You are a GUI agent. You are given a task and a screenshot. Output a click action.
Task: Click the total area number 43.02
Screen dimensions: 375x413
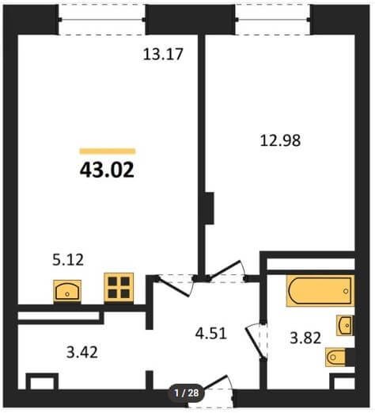[107, 170]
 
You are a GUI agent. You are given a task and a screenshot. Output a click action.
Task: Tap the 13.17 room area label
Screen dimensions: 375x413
[163, 54]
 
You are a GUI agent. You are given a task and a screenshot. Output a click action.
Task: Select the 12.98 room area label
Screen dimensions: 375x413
[280, 140]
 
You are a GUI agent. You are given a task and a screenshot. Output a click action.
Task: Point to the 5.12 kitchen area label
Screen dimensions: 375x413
[68, 259]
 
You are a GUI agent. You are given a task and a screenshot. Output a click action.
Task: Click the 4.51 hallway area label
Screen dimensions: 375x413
[211, 333]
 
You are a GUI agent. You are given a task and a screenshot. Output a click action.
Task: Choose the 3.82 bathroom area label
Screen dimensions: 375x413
[305, 338]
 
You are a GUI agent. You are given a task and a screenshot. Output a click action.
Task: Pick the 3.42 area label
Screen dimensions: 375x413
[82, 352]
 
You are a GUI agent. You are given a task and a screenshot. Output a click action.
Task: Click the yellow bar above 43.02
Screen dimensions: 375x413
[108, 151]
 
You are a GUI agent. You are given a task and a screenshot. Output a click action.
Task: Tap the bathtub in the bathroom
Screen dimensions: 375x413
[320, 291]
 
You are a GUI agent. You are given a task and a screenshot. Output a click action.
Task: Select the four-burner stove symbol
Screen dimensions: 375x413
[119, 288]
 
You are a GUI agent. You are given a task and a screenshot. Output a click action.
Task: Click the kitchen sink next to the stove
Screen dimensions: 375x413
[67, 291]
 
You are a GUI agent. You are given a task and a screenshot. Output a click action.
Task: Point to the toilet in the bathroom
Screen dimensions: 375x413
[336, 358]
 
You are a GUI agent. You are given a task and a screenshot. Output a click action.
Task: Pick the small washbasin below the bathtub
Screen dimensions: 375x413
[345, 325]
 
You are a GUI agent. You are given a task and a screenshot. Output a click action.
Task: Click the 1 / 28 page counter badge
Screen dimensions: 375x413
[187, 393]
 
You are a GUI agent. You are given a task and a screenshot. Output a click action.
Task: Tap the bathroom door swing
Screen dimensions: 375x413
[256, 341]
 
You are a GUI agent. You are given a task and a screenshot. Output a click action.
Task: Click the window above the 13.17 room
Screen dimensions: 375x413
[101, 20]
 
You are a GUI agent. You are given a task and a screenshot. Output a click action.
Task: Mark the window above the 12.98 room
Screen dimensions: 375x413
[273, 20]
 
